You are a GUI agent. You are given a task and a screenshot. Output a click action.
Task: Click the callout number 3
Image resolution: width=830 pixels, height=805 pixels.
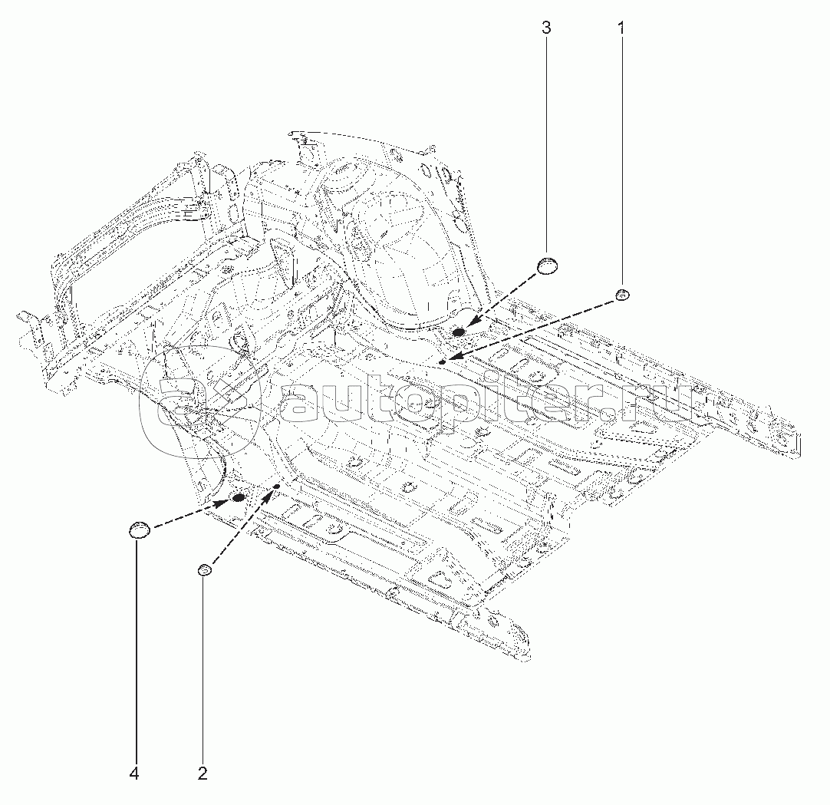(546, 28)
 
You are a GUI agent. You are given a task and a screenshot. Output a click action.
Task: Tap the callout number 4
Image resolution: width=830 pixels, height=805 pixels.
(134, 774)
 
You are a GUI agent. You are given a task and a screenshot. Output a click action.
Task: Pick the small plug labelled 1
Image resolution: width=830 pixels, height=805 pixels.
(622, 294)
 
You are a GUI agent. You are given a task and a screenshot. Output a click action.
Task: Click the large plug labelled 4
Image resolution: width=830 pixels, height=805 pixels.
(138, 529)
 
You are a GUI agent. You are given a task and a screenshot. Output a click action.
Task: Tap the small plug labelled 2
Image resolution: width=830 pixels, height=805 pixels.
(204, 569)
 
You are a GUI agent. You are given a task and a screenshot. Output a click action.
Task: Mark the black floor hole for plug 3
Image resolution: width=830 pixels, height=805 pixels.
(459, 332)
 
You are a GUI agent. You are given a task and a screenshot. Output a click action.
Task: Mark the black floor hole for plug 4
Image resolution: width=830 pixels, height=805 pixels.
(239, 498)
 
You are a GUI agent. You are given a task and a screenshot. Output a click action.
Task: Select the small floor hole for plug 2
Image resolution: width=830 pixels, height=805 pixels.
(276, 487)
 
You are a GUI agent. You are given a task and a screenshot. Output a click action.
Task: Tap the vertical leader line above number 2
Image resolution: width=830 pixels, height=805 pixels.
(203, 668)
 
